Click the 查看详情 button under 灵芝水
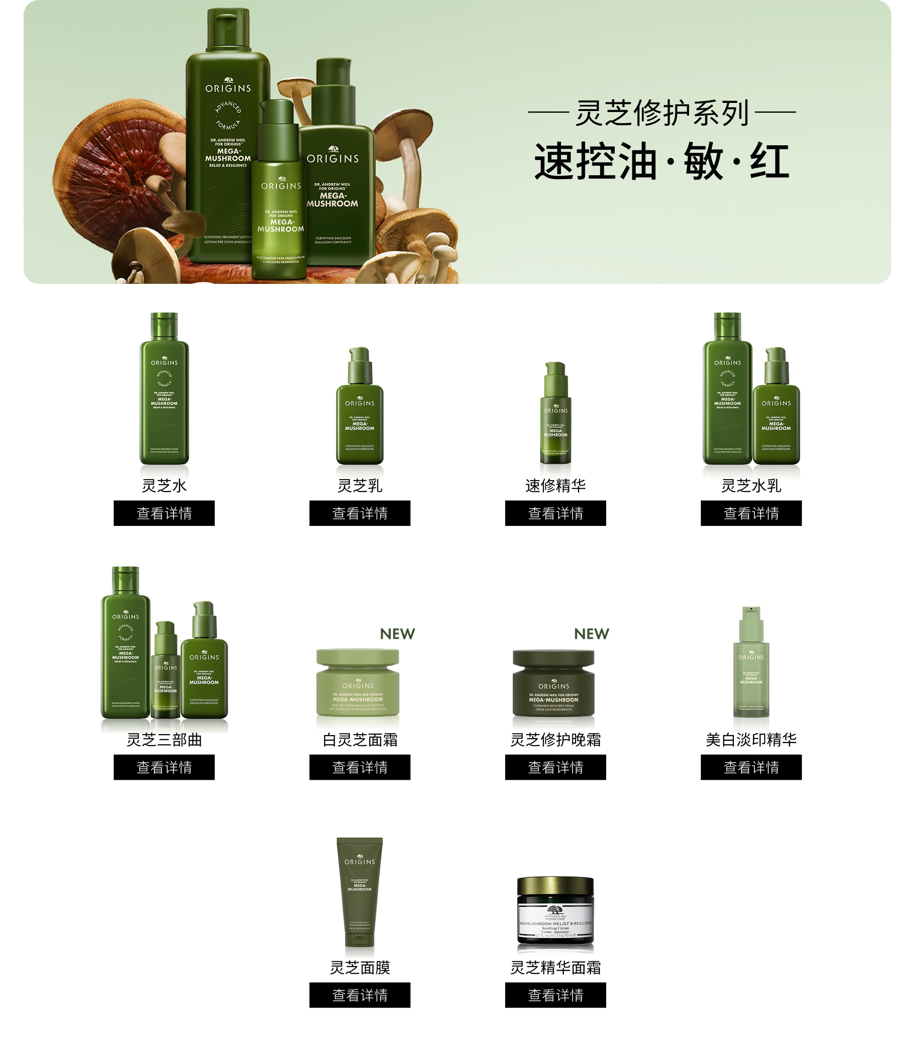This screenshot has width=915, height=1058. click(164, 513)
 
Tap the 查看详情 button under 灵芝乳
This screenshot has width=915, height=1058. click(360, 513)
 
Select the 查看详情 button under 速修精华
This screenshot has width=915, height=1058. click(555, 513)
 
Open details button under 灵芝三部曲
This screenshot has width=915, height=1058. click(164, 766)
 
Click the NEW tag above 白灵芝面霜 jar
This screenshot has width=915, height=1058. click(397, 634)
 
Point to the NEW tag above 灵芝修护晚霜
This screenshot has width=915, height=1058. click(591, 634)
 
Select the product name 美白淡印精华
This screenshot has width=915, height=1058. click(751, 739)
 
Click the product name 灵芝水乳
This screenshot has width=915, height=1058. click(751, 485)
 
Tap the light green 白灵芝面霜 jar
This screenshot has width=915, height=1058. click(357, 682)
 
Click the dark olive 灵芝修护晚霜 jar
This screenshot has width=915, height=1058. click(553, 683)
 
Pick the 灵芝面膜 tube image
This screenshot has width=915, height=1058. click(359, 892)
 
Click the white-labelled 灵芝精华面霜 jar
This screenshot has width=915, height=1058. click(555, 911)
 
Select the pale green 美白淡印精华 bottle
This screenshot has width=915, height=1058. click(751, 664)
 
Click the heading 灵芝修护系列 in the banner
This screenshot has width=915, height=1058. click(661, 113)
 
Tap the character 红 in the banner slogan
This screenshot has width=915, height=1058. click(769, 161)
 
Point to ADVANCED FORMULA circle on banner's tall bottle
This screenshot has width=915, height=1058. click(228, 115)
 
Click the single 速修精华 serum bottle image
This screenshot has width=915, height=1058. click(555, 413)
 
